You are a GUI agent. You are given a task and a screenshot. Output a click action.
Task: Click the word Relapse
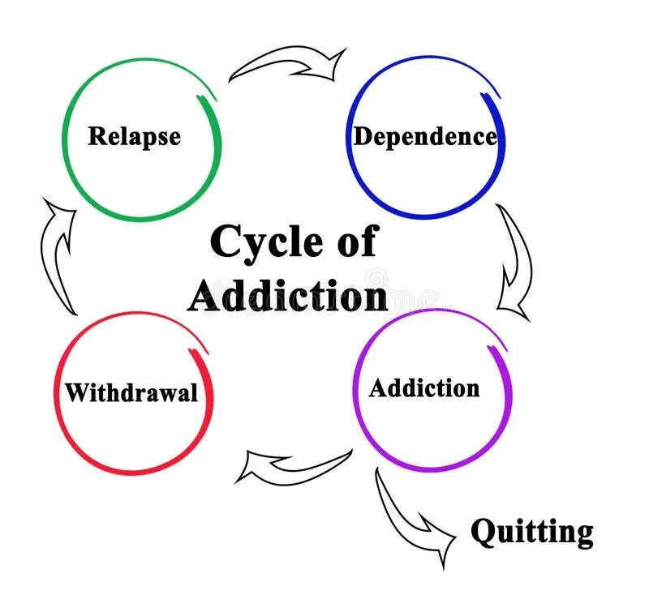134,135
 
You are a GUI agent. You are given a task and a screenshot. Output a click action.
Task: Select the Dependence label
425,136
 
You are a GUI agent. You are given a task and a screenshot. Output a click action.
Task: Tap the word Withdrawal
131,393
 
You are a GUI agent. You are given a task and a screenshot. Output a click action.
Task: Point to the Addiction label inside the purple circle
424,388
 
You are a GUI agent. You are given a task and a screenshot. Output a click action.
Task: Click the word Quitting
532,533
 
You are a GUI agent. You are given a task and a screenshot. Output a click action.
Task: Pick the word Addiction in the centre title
288,296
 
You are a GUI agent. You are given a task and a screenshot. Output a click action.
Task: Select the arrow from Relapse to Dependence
288,65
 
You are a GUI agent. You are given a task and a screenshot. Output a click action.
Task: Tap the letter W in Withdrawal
77,393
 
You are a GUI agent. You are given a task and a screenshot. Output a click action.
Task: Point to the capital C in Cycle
221,242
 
